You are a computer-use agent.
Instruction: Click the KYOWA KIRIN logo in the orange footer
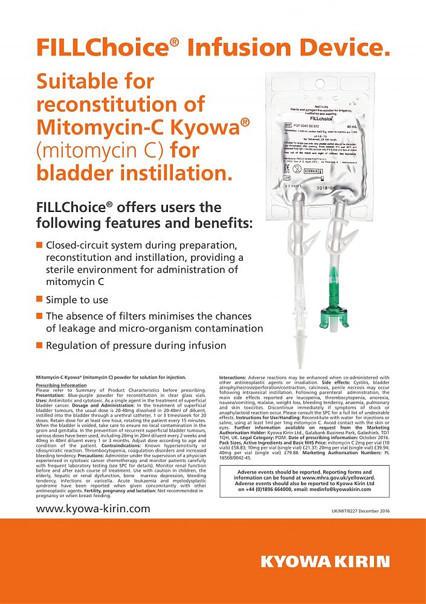325,561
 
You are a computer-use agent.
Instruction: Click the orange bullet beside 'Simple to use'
39,299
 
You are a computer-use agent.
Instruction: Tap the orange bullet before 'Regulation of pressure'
39,345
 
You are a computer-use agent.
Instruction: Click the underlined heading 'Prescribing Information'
61,385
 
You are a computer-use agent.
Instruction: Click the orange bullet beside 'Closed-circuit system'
39,245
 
